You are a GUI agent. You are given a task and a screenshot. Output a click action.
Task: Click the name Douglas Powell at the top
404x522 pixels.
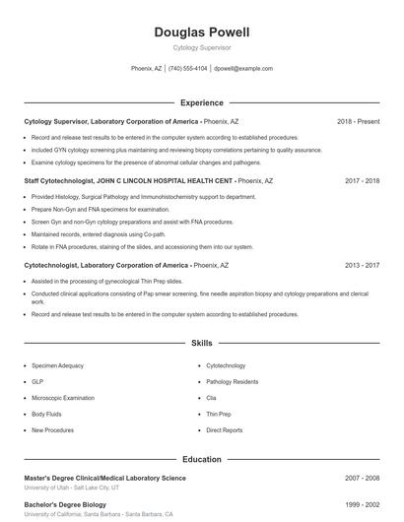202,33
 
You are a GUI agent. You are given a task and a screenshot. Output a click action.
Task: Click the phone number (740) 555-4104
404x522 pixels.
187,69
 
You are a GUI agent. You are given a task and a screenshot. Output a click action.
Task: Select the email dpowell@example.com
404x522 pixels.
243,69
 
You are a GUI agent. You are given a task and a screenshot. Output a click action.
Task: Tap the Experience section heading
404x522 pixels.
202,102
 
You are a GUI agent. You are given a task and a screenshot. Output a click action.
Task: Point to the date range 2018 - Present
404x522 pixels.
358,121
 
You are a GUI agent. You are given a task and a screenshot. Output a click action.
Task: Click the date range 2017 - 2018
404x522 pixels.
362,181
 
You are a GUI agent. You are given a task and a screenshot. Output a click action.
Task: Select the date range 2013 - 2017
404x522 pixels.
362,265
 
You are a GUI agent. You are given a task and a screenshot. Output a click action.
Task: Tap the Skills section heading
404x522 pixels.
202,343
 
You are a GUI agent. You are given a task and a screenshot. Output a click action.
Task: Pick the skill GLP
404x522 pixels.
37,381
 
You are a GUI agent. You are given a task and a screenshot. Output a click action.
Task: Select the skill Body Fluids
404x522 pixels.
45,414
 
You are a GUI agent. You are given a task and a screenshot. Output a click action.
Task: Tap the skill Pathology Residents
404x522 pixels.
233,381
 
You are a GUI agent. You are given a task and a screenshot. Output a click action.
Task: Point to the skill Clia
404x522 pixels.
211,398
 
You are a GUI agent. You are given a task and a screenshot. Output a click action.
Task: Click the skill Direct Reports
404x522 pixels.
225,430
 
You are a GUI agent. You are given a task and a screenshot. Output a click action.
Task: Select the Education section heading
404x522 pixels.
202,459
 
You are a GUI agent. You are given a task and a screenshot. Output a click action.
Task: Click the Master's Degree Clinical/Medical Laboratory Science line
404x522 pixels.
104,478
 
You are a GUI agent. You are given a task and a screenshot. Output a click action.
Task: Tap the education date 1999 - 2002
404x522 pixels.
362,504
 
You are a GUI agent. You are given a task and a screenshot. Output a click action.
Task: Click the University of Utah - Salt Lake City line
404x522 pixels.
72,488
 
